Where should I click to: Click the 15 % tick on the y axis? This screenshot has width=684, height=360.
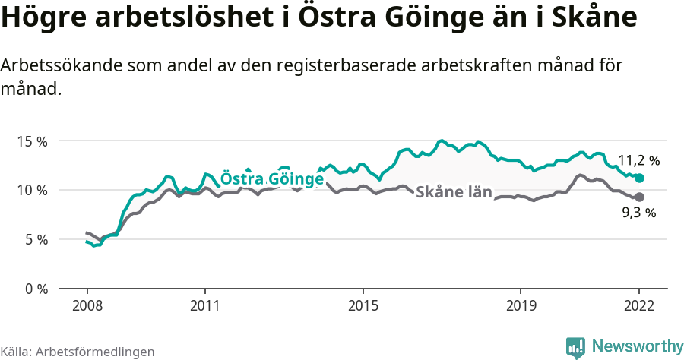[x=32, y=141]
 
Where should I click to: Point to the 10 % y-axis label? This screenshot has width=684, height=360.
[x=32, y=190]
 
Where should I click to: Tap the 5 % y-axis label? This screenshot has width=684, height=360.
[x=36, y=239]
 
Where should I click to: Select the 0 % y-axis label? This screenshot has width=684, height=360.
[x=36, y=289]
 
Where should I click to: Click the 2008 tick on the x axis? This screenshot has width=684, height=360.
[x=87, y=305]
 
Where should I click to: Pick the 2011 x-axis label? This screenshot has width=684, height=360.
[x=205, y=305]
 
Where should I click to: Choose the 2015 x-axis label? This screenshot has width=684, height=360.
[x=363, y=305]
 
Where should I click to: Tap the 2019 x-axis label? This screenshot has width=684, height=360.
[x=521, y=305]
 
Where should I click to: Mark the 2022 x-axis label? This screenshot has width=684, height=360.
[x=639, y=305]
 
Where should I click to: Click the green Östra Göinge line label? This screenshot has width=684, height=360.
[x=272, y=179]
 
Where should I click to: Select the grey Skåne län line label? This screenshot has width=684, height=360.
[x=454, y=191]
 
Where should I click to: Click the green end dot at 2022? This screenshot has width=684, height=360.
[x=639, y=178]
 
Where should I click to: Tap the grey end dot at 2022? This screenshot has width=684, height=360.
[x=639, y=197]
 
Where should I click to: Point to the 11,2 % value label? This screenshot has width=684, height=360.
[x=638, y=161]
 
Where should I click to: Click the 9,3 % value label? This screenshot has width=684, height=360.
[x=638, y=213]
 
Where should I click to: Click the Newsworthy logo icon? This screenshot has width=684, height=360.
[x=575, y=346]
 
